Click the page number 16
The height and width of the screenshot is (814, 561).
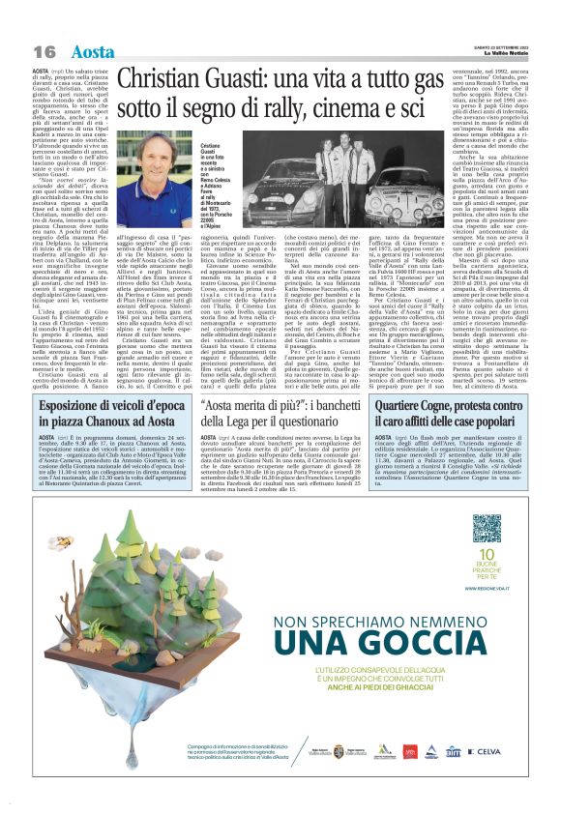click(x=45, y=49)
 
